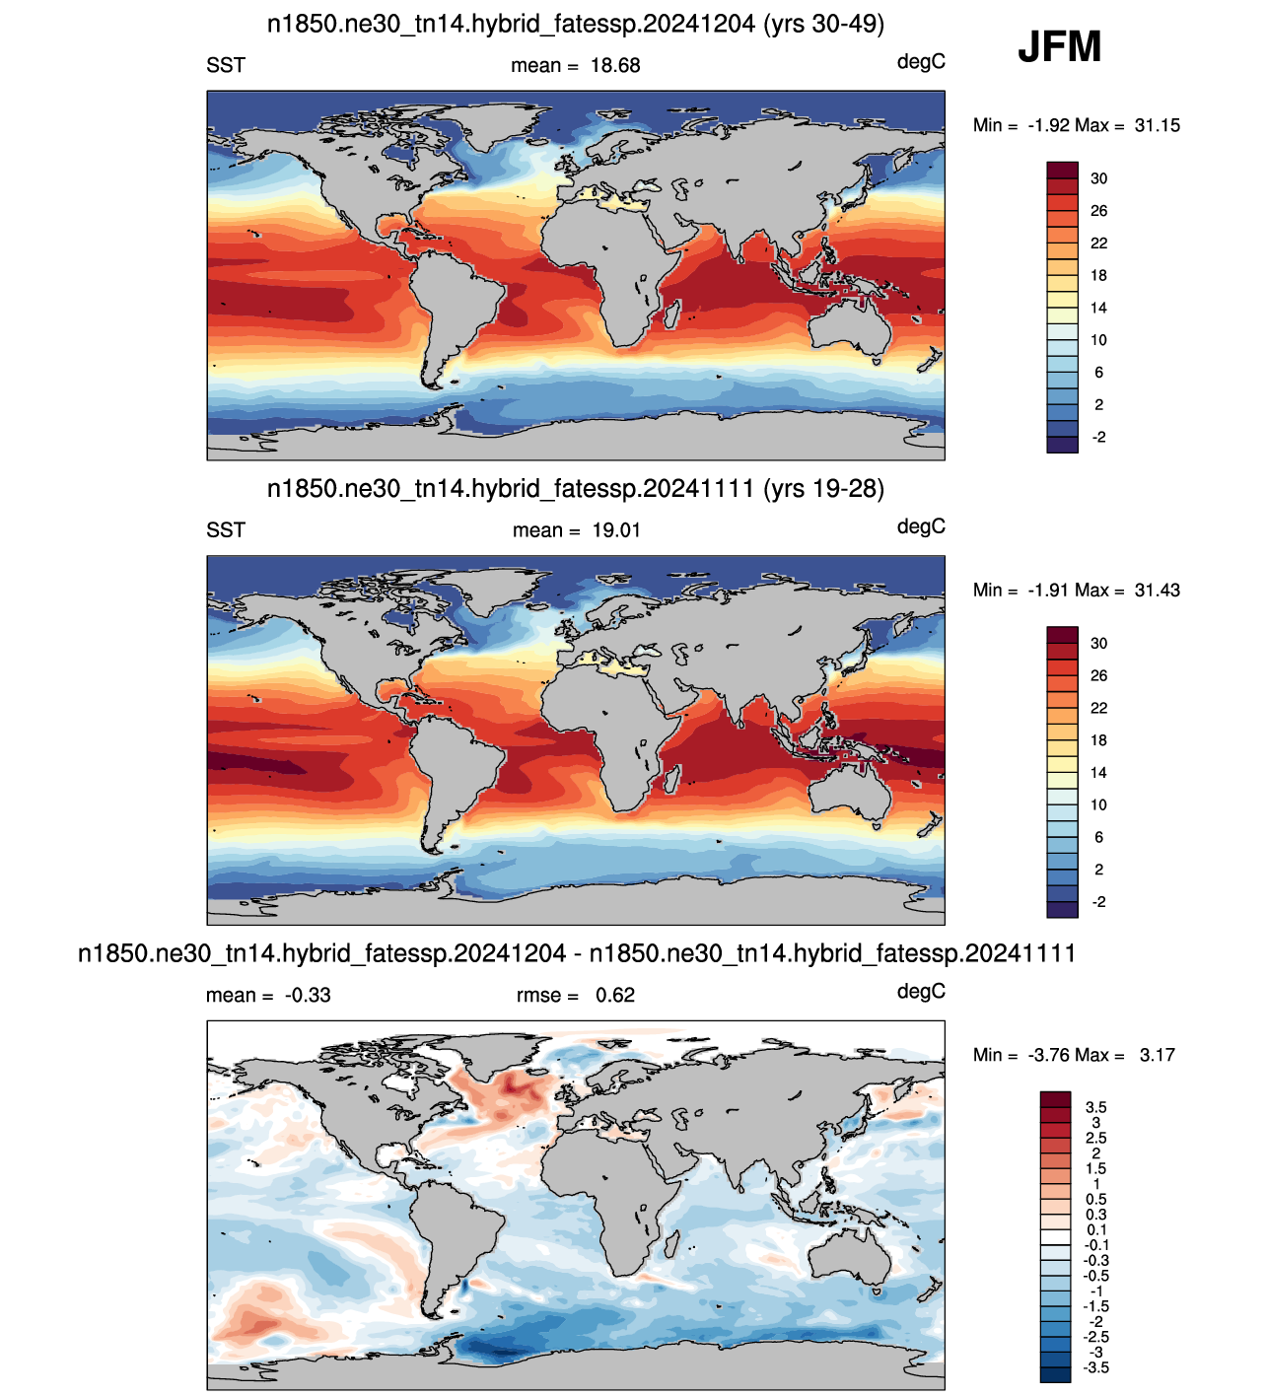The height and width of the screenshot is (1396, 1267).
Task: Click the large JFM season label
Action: click(1059, 46)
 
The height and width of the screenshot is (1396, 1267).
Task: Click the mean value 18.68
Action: click(615, 65)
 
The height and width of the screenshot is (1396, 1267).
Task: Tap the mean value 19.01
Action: click(616, 530)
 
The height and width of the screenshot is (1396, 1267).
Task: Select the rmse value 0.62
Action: click(614, 995)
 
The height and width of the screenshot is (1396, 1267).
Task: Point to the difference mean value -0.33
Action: click(307, 995)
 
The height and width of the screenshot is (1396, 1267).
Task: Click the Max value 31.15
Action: click(1157, 125)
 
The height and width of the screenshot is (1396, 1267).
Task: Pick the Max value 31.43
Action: click(1157, 591)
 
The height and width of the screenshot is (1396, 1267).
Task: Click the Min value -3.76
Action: click(1050, 1055)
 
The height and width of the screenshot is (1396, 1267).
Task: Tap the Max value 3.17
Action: click(1157, 1055)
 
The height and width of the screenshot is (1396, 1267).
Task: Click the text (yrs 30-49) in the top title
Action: click(823, 24)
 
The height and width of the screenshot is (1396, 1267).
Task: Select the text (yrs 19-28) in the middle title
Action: click(823, 489)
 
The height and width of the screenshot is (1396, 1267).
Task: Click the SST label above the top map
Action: click(226, 65)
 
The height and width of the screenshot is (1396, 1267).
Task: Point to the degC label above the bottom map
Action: click(921, 991)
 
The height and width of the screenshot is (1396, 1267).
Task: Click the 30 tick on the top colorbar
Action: click(1098, 178)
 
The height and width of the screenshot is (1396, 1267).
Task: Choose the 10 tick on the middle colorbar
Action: click(1098, 805)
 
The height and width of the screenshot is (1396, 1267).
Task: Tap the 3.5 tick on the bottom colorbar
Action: click(1095, 1107)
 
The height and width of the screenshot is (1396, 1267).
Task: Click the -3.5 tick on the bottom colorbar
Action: click(1095, 1367)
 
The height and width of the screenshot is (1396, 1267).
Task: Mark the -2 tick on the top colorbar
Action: click(1098, 437)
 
